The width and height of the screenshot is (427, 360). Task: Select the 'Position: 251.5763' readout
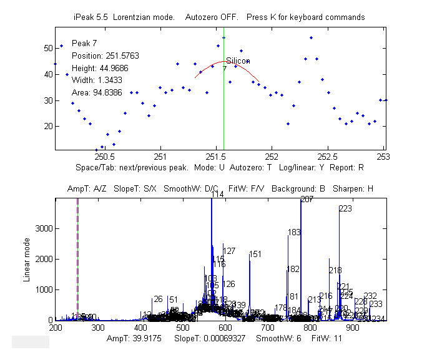click(105, 56)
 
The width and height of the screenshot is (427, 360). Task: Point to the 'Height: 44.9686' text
click(101, 68)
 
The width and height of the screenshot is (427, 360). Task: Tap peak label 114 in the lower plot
click(217, 195)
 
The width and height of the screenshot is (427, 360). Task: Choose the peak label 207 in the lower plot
click(307, 200)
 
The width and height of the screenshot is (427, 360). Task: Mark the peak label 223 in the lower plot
click(345, 209)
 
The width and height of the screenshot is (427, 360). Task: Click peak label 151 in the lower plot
click(255, 255)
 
